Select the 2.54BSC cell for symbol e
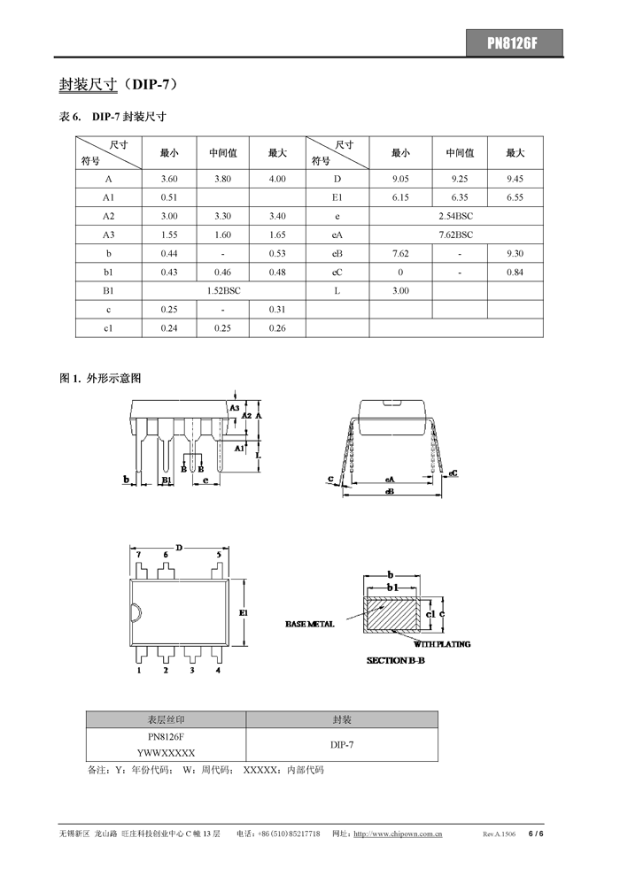click(455, 216)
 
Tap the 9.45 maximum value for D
click(515, 179)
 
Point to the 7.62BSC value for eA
click(455, 234)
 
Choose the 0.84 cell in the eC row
click(515, 272)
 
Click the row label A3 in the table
click(108, 234)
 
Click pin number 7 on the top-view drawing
click(139, 555)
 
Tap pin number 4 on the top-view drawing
click(218, 671)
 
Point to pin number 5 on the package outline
click(218, 555)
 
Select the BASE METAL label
click(310, 625)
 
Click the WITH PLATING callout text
click(442, 644)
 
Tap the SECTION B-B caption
click(396, 661)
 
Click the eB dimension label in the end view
click(389, 492)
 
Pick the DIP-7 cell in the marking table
click(342, 745)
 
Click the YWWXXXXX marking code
click(166, 752)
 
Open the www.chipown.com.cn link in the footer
click(398, 834)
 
